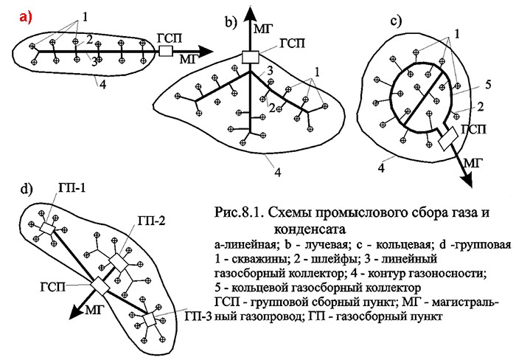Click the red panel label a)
click(x=26, y=17)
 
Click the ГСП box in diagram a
click(x=166, y=52)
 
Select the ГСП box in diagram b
click(x=251, y=57)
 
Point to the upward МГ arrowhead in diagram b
click(x=251, y=14)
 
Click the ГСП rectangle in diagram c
click(x=448, y=139)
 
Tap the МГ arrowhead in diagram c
click(x=468, y=180)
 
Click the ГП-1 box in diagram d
click(x=47, y=229)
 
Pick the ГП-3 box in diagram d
click(x=150, y=320)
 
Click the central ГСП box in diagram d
click(x=100, y=286)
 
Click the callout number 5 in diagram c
click(x=488, y=85)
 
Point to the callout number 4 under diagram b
click(x=278, y=173)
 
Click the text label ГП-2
click(x=151, y=221)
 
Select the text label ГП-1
click(x=72, y=188)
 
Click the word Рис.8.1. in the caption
click(x=239, y=212)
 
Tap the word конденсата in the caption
click(x=310, y=229)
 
